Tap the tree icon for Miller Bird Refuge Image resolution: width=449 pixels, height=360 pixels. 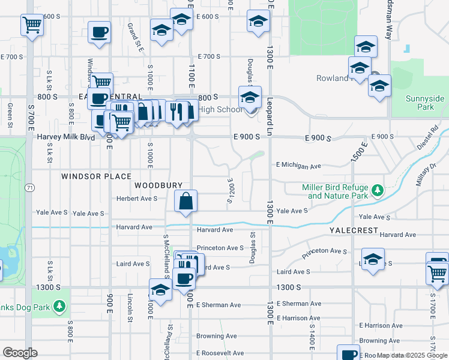click(377, 191)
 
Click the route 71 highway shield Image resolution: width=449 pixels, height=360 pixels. click(29, 188)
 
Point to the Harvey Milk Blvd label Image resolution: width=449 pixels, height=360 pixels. click(66, 137)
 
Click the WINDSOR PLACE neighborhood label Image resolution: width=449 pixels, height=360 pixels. click(96, 176)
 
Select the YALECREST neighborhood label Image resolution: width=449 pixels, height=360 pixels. click(353, 230)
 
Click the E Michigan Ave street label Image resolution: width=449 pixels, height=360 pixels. click(298, 165)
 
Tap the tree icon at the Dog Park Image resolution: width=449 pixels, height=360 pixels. click(59, 307)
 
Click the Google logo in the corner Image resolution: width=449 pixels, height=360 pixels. click(20, 353)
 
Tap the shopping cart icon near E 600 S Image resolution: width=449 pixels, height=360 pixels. click(32, 25)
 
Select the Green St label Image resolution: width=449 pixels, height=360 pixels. click(10, 115)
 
